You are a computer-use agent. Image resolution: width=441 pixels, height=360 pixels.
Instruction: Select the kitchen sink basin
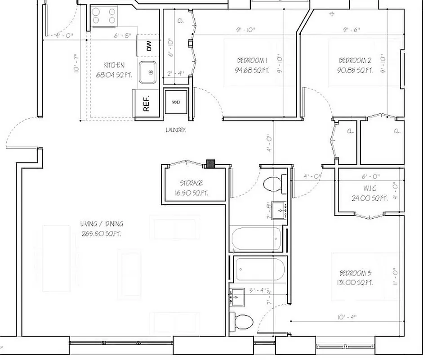[147, 72]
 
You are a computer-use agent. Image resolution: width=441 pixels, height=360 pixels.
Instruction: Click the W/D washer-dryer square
[175, 102]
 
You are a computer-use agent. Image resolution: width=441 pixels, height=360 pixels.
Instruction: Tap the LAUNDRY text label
[176, 130]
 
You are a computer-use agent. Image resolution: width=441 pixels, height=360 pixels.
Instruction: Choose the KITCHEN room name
[114, 65]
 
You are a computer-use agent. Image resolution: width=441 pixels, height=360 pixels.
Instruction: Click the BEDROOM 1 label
[252, 60]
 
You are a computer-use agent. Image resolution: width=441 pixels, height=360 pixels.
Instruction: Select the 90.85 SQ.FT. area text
[355, 70]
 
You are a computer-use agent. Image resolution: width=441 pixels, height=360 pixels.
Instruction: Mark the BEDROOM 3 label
[355, 273]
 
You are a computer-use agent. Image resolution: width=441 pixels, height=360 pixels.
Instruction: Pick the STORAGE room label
[191, 183]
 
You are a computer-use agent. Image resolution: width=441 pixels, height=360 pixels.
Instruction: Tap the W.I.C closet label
[370, 189]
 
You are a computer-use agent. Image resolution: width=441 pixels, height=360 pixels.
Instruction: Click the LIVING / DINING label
[102, 224]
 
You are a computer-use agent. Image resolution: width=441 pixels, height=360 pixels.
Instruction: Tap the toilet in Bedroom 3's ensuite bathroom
[243, 322]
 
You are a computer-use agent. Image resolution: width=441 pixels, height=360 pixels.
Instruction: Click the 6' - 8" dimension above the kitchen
[122, 35]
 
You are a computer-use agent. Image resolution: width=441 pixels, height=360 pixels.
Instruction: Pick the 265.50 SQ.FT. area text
[102, 234]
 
